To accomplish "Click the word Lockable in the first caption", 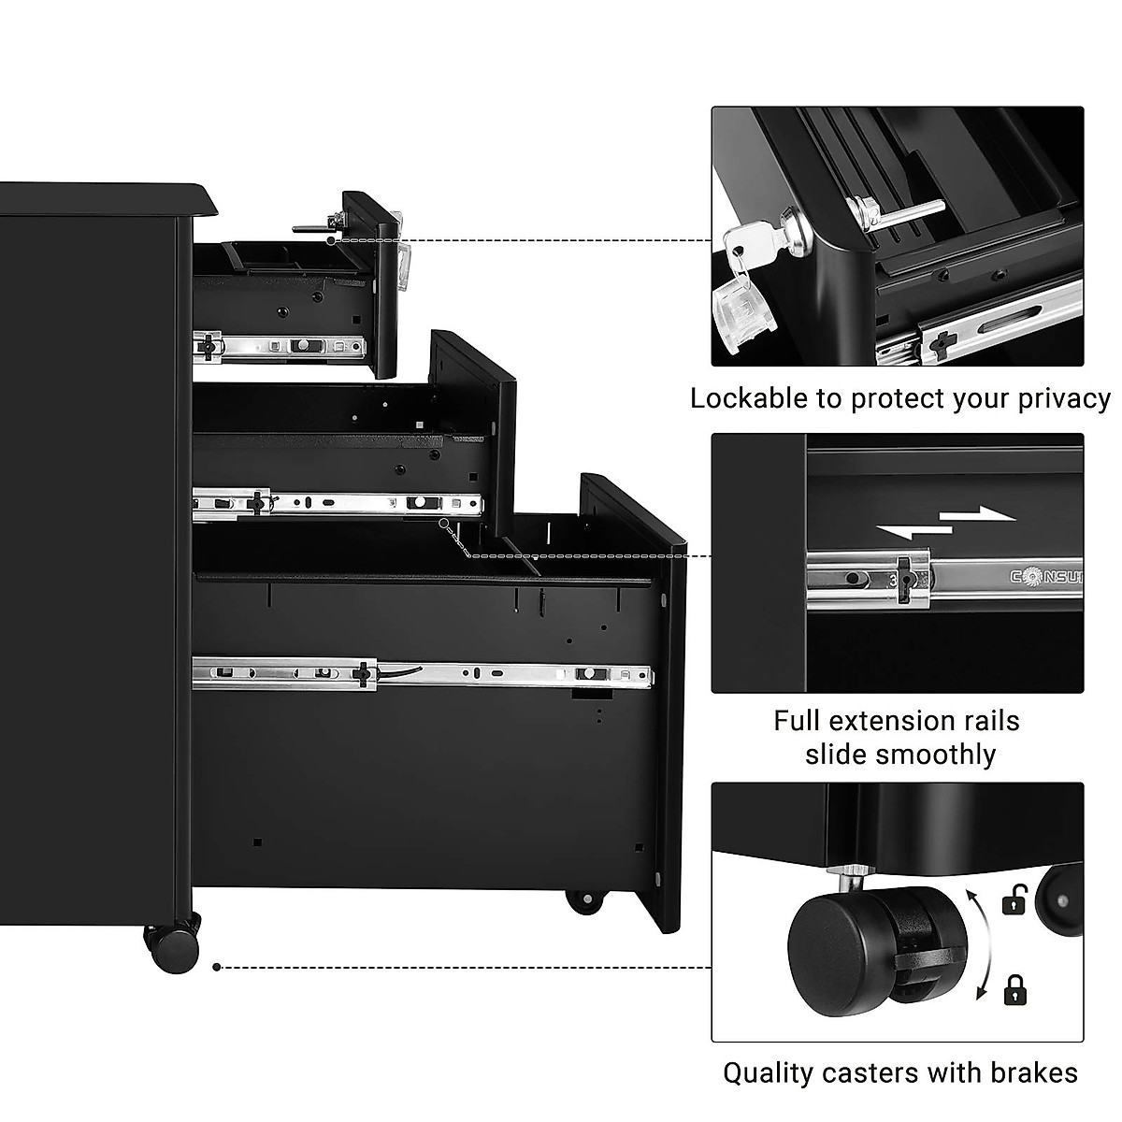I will [x=749, y=398].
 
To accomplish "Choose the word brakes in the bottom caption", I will [x=1033, y=1072].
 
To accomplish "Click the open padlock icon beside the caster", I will [x=1013, y=901].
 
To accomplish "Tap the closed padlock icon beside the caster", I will [x=1013, y=988].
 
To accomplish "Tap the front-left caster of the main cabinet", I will [x=174, y=947].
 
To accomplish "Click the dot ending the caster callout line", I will [x=217, y=968].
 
